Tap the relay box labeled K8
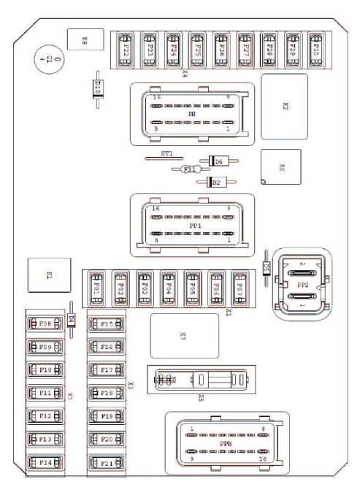[x=84, y=42]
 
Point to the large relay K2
[x=284, y=106]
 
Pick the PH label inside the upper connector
[x=191, y=115]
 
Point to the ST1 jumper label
[x=167, y=154]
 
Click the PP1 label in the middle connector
[x=194, y=226]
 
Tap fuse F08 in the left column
[x=43, y=323]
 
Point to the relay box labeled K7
[x=184, y=336]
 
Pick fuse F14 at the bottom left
[x=43, y=463]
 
